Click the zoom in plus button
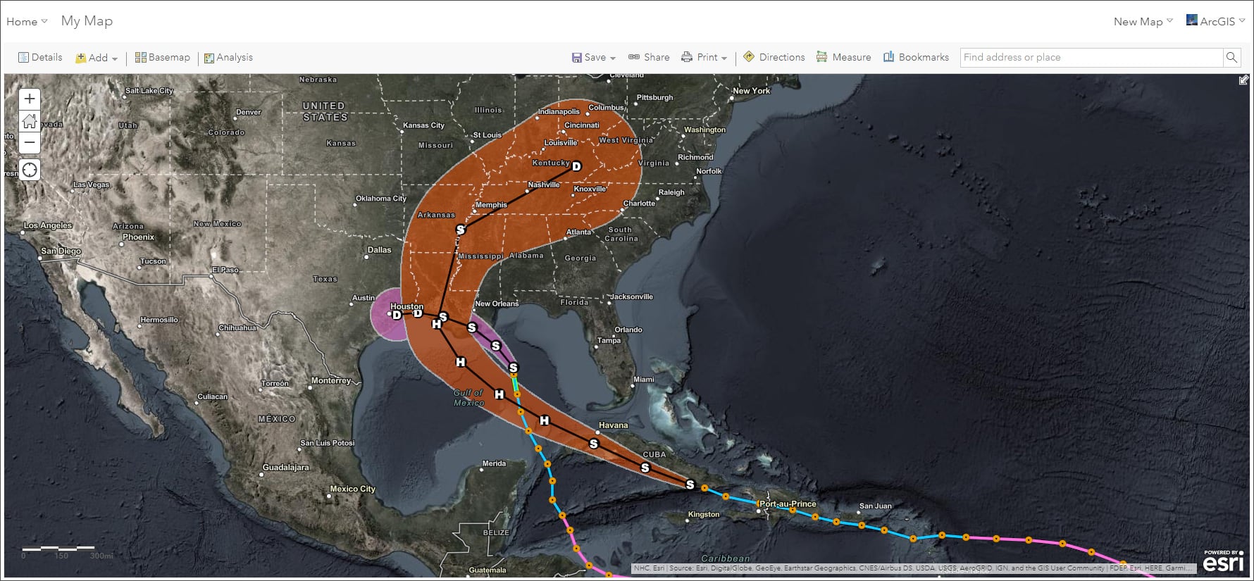pyautogui.click(x=30, y=99)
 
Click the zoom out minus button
pyautogui.click(x=30, y=143)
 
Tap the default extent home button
pyautogui.click(x=30, y=121)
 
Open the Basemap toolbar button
pyautogui.click(x=163, y=58)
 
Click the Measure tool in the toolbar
pyautogui.click(x=843, y=58)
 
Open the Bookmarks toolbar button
pyautogui.click(x=916, y=58)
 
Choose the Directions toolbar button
pyautogui.click(x=774, y=58)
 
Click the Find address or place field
pyautogui.click(x=1091, y=58)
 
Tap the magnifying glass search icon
pyautogui.click(x=1231, y=58)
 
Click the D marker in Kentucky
pyautogui.click(x=576, y=166)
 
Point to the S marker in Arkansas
pyautogui.click(x=461, y=230)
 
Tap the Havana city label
pyautogui.click(x=613, y=425)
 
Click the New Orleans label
pyautogui.click(x=497, y=304)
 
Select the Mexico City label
pyautogui.click(x=352, y=489)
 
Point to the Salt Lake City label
pyautogui.click(x=149, y=91)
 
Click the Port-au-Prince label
pyautogui.click(x=788, y=504)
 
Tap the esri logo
pyautogui.click(x=1223, y=562)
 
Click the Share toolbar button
pyautogui.click(x=649, y=58)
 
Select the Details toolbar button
pyautogui.click(x=40, y=58)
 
